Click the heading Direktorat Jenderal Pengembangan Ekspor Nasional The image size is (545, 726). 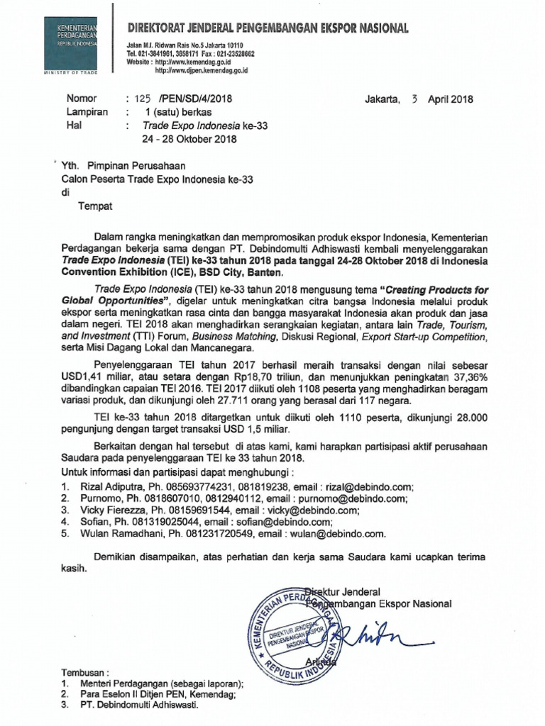(268, 28)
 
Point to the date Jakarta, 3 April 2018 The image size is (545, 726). (419, 99)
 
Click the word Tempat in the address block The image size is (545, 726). (94, 206)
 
